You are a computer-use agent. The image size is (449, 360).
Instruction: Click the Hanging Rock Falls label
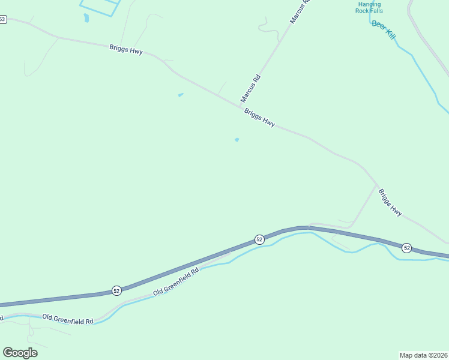pos(367,7)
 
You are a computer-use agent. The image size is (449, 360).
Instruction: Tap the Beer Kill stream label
pos(384,31)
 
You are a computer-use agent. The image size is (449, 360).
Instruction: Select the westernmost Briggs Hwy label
pos(126,49)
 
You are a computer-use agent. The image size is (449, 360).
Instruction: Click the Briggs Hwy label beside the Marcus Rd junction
pos(259,117)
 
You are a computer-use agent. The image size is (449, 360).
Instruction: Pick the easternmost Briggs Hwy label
pos(390,202)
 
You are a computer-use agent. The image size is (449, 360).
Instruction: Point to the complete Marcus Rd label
pos(251,88)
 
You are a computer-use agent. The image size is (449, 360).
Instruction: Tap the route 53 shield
pos(2,19)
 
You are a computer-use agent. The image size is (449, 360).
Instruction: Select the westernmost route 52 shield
pos(116,290)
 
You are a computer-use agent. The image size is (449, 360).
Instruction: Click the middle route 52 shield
pos(259,239)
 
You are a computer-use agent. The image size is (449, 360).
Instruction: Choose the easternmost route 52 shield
pos(406,247)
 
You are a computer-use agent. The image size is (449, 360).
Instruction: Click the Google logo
pos(20,352)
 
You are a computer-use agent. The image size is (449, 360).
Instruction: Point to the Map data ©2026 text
pos(423,355)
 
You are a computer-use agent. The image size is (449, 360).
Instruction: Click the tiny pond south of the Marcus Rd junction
pos(237,140)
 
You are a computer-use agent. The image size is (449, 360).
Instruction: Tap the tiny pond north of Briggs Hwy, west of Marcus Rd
pos(181,95)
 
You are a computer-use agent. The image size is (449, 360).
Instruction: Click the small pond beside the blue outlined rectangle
pos(87,18)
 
